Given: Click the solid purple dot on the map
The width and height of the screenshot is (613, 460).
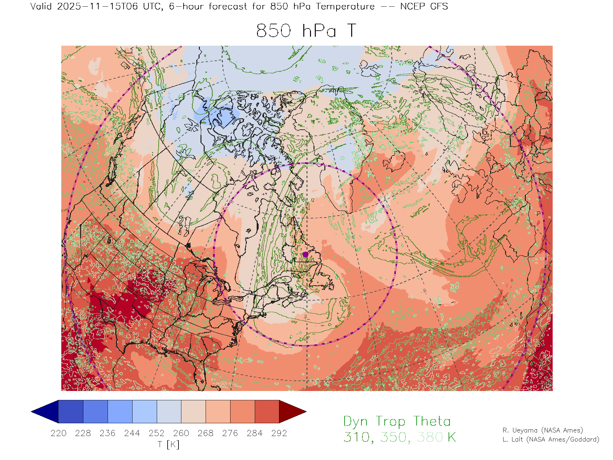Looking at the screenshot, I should pos(306,255).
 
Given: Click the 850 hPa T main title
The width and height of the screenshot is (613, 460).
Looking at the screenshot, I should pos(306,31).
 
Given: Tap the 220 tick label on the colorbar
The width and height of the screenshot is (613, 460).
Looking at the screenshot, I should pos(58,433).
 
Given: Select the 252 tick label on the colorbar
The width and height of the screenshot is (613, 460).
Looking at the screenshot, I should pos(156,433).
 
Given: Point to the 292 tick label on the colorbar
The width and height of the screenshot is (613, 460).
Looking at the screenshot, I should pos(279,433).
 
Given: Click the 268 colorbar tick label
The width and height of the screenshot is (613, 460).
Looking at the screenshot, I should pos(205,433).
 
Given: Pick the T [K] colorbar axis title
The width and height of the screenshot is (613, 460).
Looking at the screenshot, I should pos(169,444).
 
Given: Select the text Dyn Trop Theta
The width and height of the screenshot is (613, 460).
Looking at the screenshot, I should pos(397,421).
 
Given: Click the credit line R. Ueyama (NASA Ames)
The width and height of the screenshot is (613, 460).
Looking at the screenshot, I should pos(543,430).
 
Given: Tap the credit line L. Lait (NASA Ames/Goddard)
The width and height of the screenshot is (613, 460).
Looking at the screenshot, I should pos(551,440).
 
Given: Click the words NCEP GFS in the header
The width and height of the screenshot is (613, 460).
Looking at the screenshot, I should pos(424,6).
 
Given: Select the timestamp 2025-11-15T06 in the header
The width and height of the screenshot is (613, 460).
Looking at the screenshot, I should pos(97,6).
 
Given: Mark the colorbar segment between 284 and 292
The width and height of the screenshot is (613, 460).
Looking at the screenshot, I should pos(267,411).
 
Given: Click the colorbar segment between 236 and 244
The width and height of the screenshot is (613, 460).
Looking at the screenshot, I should pos(120,411).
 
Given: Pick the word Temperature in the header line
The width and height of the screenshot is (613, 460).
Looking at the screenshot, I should pos(345,6).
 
